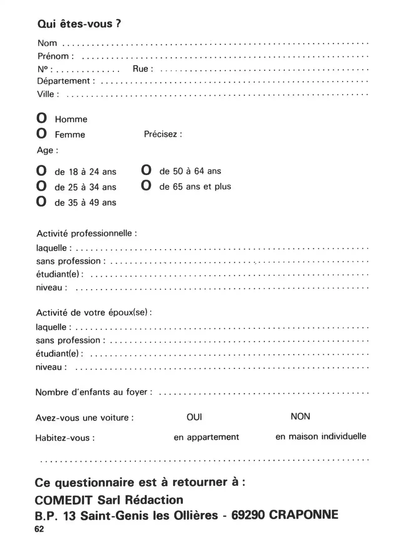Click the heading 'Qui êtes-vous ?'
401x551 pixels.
point(79,24)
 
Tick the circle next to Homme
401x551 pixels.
point(41,118)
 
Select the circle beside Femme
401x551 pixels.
point(41,134)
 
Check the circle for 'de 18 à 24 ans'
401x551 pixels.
point(41,171)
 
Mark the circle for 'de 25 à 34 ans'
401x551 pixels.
point(41,186)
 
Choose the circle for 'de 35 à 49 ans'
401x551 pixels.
point(41,201)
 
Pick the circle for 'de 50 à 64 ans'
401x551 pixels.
point(146,170)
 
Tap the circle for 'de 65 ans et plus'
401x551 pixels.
point(146,185)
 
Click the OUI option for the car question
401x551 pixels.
point(194,417)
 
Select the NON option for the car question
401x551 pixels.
point(300,417)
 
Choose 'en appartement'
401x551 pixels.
point(206,437)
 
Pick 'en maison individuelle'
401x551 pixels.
point(321,436)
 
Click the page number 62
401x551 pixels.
point(39,529)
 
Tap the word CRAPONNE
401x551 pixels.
point(304,515)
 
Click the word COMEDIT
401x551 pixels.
point(64,500)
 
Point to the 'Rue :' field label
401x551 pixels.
point(143,69)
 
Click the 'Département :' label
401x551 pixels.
point(66,81)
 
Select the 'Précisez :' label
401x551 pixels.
point(163,134)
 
